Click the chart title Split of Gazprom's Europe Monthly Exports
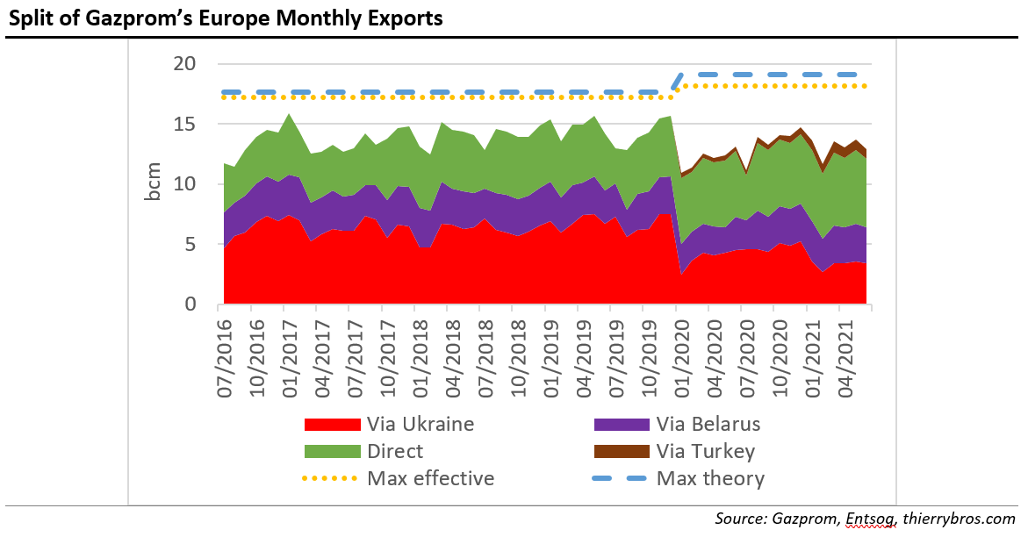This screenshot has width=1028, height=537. pyautogui.click(x=225, y=18)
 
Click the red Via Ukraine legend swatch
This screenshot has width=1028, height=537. pyautogui.click(x=332, y=425)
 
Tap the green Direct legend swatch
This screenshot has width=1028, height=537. pyautogui.click(x=332, y=452)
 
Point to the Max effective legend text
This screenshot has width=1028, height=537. pyautogui.click(x=430, y=479)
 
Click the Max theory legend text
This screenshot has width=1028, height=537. pyautogui.click(x=710, y=479)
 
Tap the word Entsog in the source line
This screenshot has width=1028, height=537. pyautogui.click(x=871, y=519)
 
